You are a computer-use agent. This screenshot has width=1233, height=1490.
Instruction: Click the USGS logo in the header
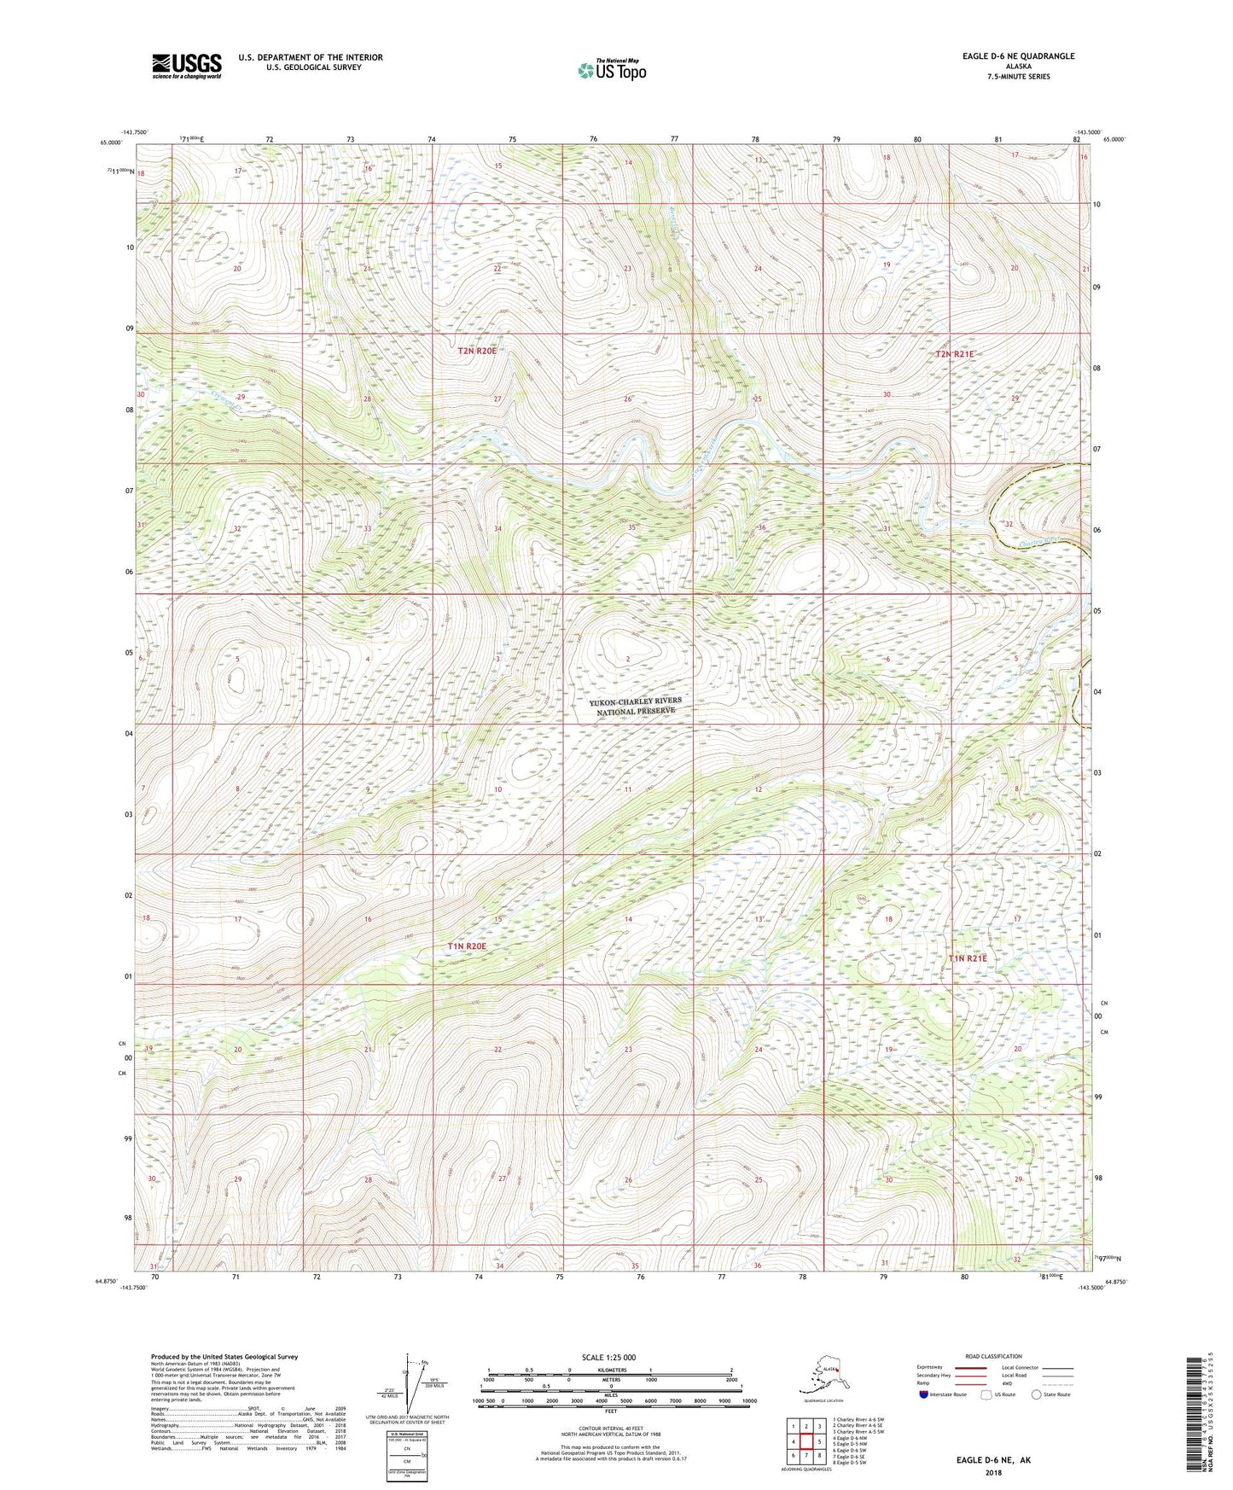pos(187,66)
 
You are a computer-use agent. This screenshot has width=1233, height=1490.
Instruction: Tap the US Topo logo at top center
pos(611,70)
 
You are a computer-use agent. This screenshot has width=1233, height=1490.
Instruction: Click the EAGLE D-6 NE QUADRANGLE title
pos(1005,56)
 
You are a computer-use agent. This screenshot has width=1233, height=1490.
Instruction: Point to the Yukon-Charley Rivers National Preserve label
pos(636,706)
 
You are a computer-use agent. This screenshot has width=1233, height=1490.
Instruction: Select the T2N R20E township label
pos(477,351)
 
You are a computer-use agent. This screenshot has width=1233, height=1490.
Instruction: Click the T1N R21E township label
pos(968,958)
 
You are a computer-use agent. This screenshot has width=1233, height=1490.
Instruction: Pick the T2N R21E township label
pos(954,353)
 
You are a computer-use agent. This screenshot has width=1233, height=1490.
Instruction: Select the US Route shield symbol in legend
pos(986,1394)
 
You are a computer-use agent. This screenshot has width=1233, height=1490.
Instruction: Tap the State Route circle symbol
pos(1037,1394)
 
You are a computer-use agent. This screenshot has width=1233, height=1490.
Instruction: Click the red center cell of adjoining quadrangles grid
pos(806,1441)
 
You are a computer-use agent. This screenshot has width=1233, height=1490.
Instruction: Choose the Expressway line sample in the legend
pos(965,1367)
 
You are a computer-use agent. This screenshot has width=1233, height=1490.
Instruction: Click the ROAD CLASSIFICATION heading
pos(993,1356)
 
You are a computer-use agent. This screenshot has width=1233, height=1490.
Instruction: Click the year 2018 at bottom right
pos(993,1472)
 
